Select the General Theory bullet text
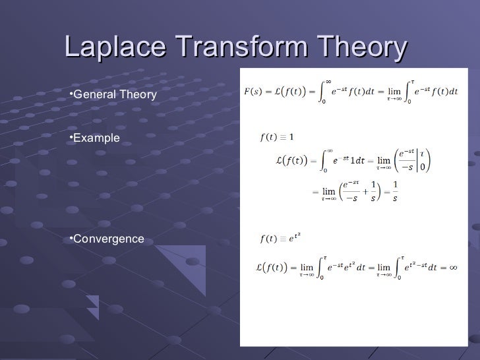pos(115,96)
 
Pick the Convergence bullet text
pos(108,239)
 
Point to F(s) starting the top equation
pos(251,91)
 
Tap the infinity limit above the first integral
pos(328,80)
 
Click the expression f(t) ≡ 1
pos(278,137)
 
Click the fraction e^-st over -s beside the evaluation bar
pos(407,160)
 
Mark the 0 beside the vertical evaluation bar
pos(423,166)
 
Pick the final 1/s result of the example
pos(395,191)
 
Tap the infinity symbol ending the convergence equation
pos(453,267)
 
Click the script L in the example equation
pos(279,160)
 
